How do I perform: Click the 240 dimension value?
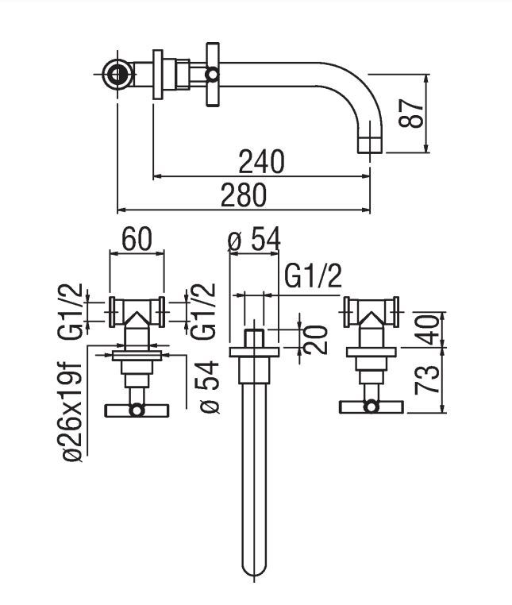tap(261, 162)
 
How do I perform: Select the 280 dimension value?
tap(244, 195)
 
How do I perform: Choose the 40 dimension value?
tap(429, 327)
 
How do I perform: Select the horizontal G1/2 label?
tap(313, 277)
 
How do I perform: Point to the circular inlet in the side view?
tap(117, 75)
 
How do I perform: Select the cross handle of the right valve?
tap(371, 407)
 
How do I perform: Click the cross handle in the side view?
tap(213, 75)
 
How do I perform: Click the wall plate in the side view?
tap(158, 75)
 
